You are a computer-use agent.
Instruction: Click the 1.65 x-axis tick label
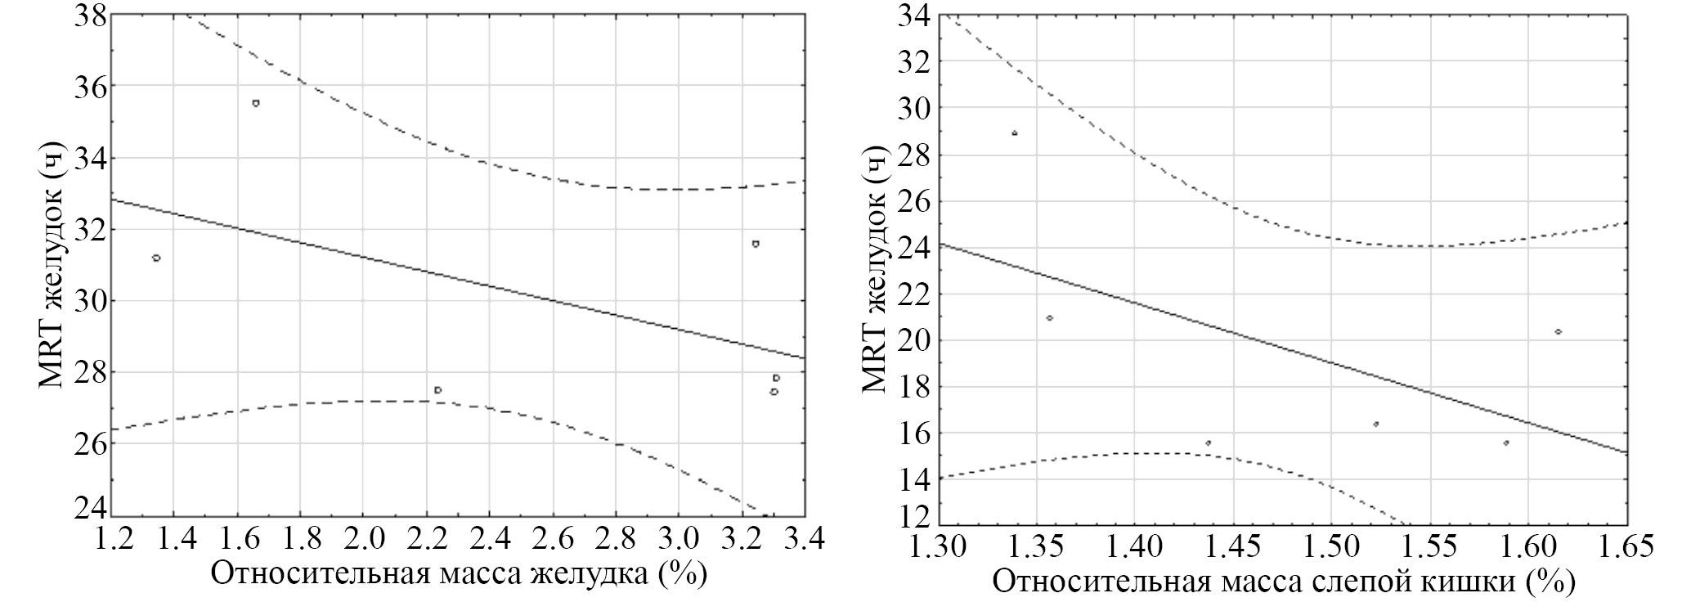coord(1624,546)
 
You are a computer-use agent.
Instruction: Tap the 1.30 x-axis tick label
coord(938,546)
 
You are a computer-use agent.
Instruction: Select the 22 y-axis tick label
coord(913,294)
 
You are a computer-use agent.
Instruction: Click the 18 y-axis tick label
coord(913,386)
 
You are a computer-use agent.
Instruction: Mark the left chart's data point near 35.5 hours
coord(256,103)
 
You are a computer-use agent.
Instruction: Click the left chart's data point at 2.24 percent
coord(438,390)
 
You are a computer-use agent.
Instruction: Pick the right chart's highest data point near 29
coord(1015,133)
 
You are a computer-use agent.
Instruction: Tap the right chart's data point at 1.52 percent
coord(1376,424)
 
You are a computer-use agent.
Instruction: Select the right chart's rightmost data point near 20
coord(1559,331)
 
